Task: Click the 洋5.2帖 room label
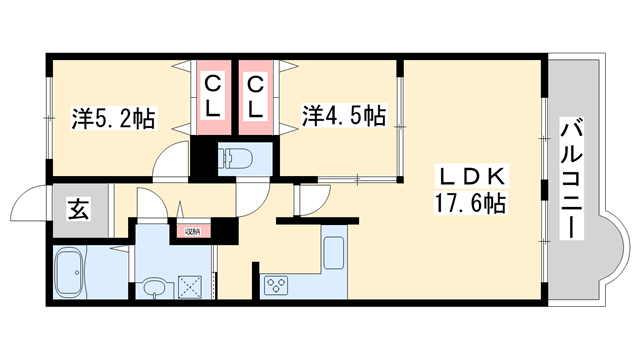[113, 118]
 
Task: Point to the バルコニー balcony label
[572, 179]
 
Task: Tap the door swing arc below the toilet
[253, 196]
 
